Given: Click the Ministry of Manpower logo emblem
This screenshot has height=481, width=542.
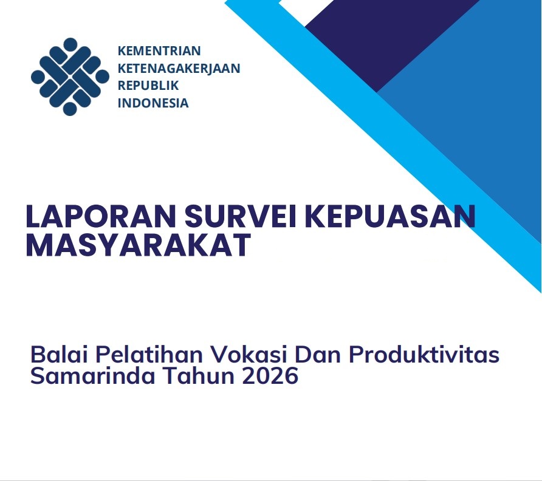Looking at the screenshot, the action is point(70,77).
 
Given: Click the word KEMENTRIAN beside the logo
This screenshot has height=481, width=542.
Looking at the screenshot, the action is point(159,51).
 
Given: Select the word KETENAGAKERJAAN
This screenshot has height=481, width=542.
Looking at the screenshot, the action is point(179,69).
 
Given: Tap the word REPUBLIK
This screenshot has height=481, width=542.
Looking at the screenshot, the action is point(148,86).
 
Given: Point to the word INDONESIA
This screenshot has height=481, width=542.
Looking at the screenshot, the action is point(153,103).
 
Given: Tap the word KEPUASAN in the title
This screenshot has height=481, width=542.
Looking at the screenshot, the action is point(389,216).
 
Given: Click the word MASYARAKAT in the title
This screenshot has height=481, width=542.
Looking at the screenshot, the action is point(139,245).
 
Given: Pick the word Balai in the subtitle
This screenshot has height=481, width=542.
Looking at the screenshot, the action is point(58,355).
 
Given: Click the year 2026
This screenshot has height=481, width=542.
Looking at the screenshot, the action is point(270,376).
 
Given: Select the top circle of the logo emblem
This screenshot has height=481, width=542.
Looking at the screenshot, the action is point(70,44).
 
